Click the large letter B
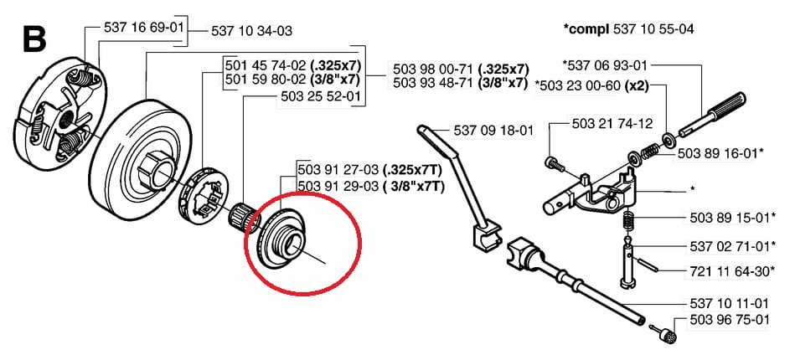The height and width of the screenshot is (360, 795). pyautogui.click(x=34, y=39)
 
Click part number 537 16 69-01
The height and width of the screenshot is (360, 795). pyautogui.click(x=142, y=27)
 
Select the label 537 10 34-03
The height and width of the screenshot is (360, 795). pyautogui.click(x=251, y=32)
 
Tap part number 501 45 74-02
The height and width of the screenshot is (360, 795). pyautogui.click(x=266, y=66)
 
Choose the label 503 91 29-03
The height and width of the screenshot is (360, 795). pyautogui.click(x=338, y=187)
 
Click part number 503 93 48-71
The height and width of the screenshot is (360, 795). pyautogui.click(x=433, y=82)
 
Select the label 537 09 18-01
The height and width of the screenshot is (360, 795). pyautogui.click(x=493, y=131)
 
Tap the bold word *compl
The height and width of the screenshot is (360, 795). pyautogui.click(x=586, y=29)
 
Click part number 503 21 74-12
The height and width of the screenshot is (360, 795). pyautogui.click(x=612, y=124)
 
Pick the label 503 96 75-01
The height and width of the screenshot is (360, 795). pyautogui.click(x=730, y=321)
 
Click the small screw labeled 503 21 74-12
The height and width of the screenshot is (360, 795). pyautogui.click(x=554, y=164)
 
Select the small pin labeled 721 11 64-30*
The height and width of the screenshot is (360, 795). pyautogui.click(x=645, y=265)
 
